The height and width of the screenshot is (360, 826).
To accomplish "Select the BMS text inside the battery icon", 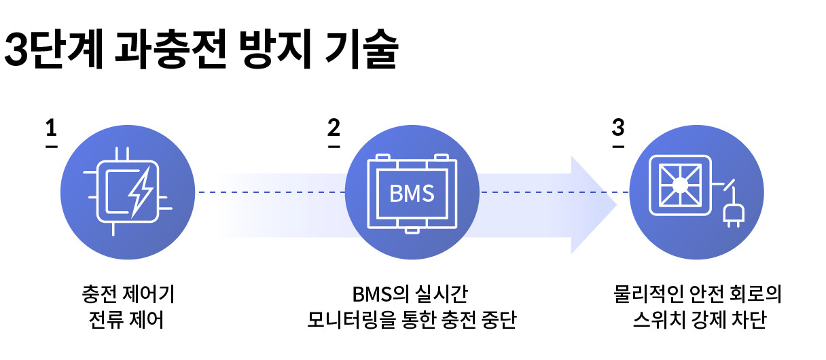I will coord(412,194).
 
